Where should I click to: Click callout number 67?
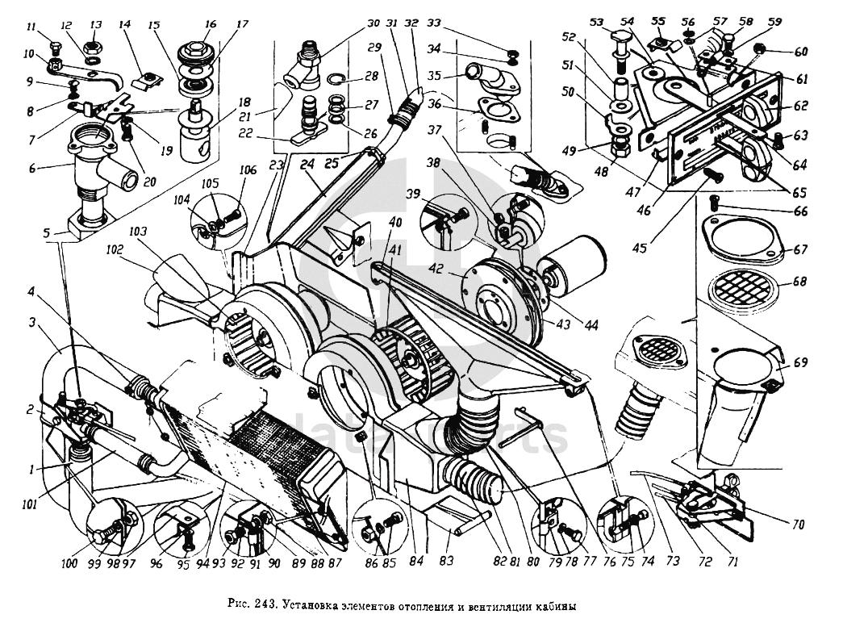799,250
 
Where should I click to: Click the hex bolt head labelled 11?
56,45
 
